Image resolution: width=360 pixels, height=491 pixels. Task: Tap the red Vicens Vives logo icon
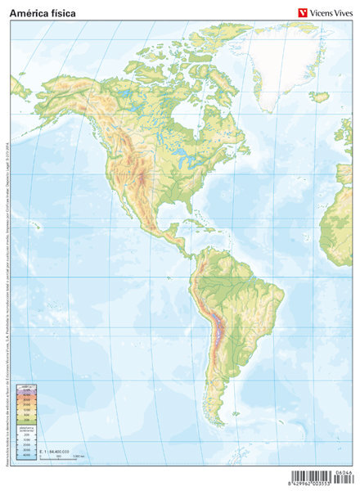click(x=300, y=11)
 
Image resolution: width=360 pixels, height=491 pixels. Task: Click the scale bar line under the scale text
click(x=61, y=455)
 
